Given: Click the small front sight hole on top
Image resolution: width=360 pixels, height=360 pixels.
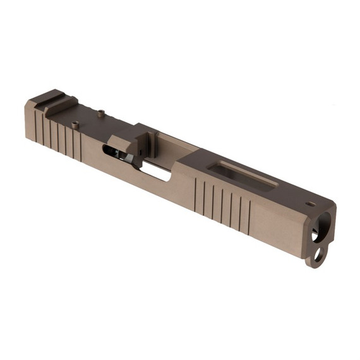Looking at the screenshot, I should coord(310,204).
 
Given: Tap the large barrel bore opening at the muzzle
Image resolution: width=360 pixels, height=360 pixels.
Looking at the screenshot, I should coord(324,233).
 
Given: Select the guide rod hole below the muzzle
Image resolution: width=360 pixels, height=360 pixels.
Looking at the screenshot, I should coord(320,256).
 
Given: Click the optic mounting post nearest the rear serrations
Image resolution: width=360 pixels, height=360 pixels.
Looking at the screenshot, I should coord(75,125).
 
